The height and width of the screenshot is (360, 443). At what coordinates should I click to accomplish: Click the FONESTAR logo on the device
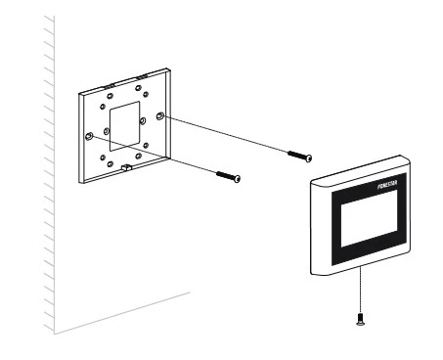pyautogui.click(x=387, y=185)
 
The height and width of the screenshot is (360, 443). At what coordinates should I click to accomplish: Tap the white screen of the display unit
pyautogui.click(x=369, y=218)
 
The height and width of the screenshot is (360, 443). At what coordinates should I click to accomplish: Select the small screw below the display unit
pyautogui.click(x=360, y=319)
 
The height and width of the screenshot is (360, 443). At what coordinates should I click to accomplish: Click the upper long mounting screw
pyautogui.click(x=299, y=156)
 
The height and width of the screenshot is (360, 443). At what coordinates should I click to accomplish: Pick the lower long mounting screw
pyautogui.click(x=228, y=176)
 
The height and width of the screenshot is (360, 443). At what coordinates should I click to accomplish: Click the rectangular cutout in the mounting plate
pyautogui.click(x=124, y=126)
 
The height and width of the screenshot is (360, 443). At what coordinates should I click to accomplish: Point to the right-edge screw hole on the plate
pyautogui.click(x=160, y=115)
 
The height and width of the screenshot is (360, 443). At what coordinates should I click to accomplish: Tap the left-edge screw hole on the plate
pyautogui.click(x=89, y=136)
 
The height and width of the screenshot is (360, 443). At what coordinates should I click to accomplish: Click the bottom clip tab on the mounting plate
pyautogui.click(x=126, y=167)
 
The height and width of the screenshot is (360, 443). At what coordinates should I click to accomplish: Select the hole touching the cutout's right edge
pyautogui.click(x=143, y=121)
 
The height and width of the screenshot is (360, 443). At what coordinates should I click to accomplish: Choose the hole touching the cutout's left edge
pyautogui.click(x=107, y=131)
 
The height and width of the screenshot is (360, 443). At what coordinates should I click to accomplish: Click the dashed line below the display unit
pyautogui.click(x=360, y=290)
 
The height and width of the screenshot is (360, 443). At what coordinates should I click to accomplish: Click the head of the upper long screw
pyautogui.click(x=309, y=158)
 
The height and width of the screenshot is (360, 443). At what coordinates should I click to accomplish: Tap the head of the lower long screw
pyautogui.click(x=238, y=179)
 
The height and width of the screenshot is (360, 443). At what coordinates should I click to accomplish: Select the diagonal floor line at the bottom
pyautogui.click(x=122, y=313)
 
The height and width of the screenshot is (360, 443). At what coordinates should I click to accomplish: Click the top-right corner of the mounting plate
pyautogui.click(x=167, y=68)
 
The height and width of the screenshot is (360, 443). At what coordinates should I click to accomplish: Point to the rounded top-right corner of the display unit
pyautogui.click(x=407, y=158)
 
